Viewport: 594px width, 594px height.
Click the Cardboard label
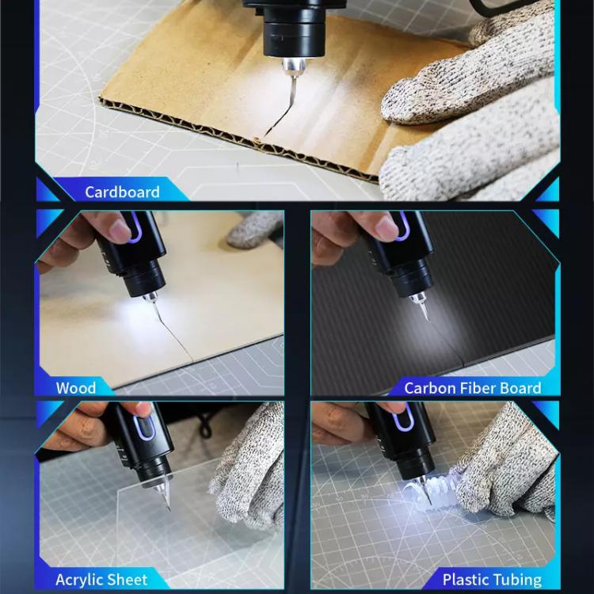(122, 192)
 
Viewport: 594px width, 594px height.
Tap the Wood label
(76, 388)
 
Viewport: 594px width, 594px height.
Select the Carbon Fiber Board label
(472, 388)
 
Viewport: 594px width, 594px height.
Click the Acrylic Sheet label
(101, 580)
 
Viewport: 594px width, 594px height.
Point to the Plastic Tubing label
(492, 580)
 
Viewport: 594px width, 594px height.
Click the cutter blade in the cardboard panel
(292, 87)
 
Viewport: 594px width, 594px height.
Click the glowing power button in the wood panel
(134, 227)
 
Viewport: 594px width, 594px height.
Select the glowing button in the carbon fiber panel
(402, 227)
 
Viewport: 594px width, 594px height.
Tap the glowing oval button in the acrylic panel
(145, 428)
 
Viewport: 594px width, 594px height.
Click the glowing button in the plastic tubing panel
(402, 418)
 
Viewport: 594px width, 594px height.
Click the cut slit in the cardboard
(279, 117)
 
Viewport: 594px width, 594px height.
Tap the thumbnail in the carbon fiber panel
(387, 228)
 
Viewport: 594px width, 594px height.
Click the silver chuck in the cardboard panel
(294, 67)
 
